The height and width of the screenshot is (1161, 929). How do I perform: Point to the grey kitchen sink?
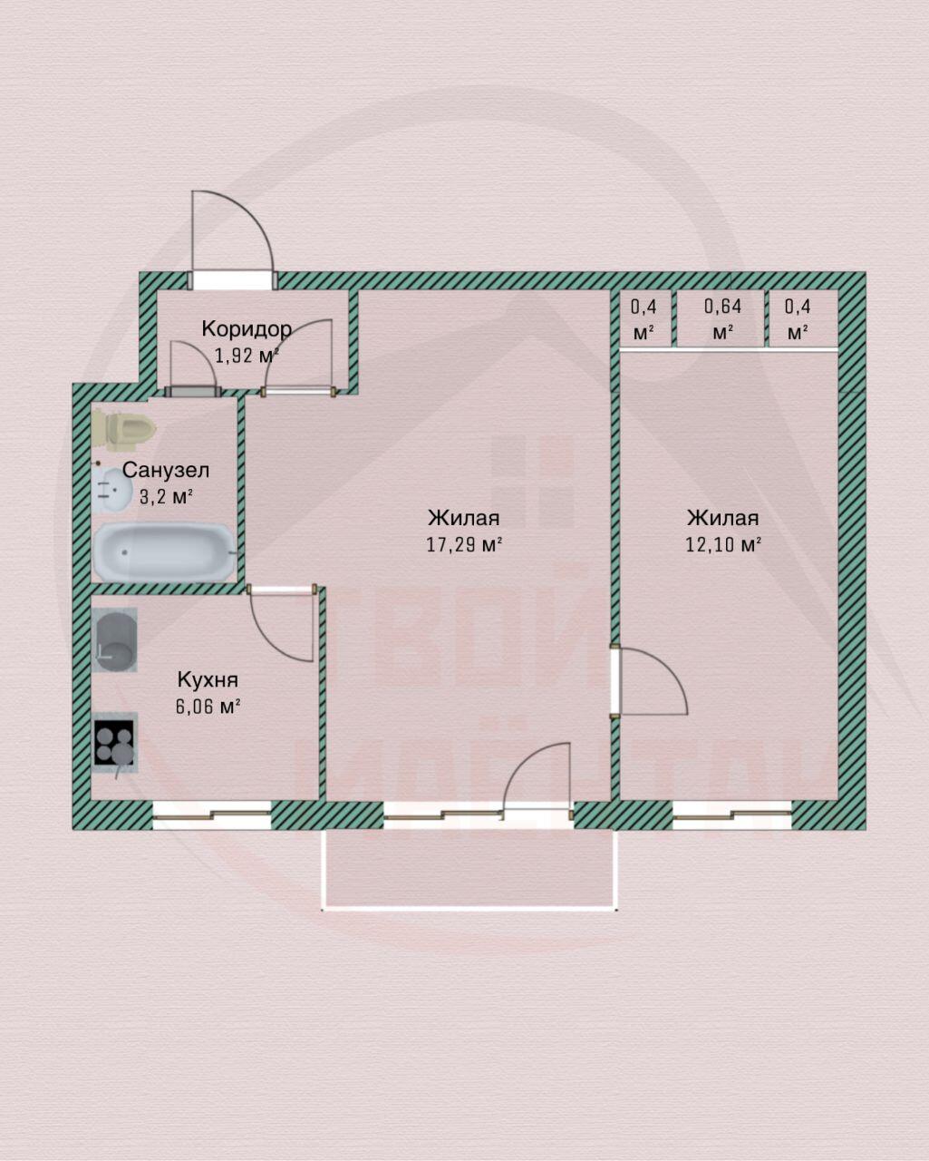(x=115, y=639)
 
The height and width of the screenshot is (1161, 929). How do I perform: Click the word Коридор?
(x=247, y=327)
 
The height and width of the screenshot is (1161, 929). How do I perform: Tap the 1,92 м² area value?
(x=245, y=355)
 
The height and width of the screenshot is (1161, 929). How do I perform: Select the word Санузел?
(x=166, y=470)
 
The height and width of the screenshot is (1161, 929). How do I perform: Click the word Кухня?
(x=208, y=679)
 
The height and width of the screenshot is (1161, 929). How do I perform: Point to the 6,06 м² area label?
(x=208, y=707)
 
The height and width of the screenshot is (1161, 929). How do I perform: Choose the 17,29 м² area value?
(x=464, y=545)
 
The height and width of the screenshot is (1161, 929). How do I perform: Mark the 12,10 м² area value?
(x=723, y=545)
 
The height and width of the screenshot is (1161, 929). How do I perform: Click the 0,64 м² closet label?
(x=722, y=318)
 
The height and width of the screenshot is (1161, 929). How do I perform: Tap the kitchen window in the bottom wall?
(x=211, y=815)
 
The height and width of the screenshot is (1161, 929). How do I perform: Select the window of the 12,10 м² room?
(x=732, y=815)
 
